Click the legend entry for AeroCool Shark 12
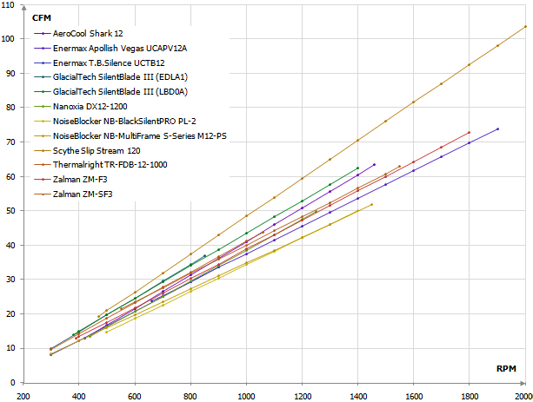pos(87,33)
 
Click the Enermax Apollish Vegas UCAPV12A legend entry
pos(120,48)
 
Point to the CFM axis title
pos(41,17)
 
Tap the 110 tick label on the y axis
pos(11,4)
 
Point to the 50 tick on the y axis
pos(14,211)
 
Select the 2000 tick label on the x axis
pos(524,395)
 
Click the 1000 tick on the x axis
pos(246,395)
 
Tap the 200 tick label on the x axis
pos(23,395)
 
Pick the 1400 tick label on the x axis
pos(357,395)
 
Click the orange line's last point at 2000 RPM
pos(525,26)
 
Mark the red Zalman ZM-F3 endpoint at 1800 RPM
pos(470,132)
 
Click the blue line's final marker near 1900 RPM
pos(497,129)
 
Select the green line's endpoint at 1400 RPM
pos(357,168)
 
